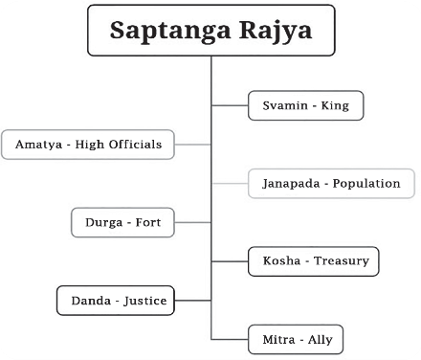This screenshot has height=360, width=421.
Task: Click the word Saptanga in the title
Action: click(169, 32)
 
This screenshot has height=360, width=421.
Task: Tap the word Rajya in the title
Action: click(276, 32)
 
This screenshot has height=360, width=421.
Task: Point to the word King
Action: click(335, 105)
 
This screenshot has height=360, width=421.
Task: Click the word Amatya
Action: click(38, 145)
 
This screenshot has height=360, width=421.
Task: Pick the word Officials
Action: click(136, 145)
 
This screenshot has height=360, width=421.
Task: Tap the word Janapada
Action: click(291, 184)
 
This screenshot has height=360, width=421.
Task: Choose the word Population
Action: click(366, 184)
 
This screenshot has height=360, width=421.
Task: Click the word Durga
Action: click(103, 223)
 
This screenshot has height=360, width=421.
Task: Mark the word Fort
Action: click(148, 222)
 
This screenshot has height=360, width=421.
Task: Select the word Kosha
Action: click(281, 260)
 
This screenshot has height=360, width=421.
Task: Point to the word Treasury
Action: click(342, 261)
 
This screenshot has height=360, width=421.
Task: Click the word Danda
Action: click(91, 301)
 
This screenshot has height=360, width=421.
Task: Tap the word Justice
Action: click(145, 301)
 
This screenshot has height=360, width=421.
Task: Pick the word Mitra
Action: click(278, 340)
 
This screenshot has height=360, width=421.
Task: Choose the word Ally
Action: click(321, 340)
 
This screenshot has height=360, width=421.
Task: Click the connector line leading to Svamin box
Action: click(230, 105)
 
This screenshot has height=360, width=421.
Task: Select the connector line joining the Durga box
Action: click(192, 222)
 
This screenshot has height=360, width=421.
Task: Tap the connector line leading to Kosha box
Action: click(230, 261)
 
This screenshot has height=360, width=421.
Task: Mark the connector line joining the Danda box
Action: click(192, 301)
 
